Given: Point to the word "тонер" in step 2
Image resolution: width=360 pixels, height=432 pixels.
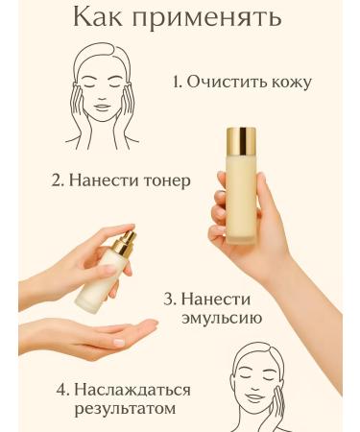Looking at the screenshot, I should [x=158, y=180].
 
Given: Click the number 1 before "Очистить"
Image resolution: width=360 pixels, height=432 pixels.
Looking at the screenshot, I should [x=177, y=83].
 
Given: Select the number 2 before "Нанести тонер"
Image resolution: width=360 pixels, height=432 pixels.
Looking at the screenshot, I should [x=58, y=180].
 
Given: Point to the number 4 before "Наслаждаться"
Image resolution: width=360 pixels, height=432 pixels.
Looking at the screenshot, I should [x=61, y=390].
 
